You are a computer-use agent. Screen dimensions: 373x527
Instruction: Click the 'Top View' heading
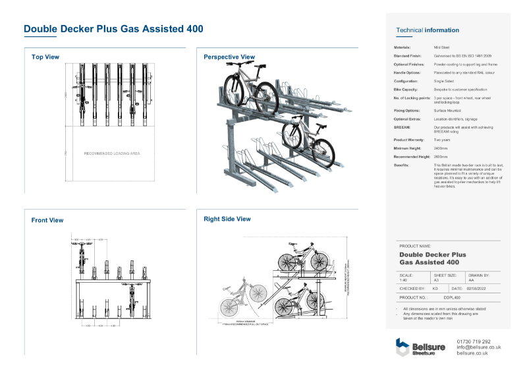[45, 57]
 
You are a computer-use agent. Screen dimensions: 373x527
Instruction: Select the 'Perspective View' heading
[229, 57]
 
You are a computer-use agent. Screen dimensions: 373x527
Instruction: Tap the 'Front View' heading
[47, 220]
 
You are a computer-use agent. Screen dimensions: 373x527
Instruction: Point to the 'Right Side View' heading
[227, 219]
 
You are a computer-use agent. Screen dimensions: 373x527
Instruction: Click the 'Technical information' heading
[428, 30]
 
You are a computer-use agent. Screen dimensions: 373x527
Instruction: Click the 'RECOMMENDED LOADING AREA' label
[112, 154]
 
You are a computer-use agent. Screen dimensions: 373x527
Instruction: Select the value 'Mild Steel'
[441, 47]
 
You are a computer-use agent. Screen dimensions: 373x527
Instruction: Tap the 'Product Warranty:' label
[410, 140]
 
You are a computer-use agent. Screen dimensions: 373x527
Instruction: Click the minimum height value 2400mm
[441, 148]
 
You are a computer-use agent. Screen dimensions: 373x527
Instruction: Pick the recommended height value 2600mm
[441, 157]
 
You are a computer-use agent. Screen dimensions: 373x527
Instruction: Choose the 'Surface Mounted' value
[446, 110]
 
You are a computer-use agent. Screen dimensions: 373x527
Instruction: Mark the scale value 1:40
[403, 280]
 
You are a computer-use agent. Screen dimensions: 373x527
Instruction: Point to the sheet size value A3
[436, 280]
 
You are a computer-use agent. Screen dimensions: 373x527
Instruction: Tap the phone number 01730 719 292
[473, 341]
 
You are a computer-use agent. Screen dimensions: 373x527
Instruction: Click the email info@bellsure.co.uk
[478, 347]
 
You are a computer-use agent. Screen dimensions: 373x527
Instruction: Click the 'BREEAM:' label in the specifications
[403, 127]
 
